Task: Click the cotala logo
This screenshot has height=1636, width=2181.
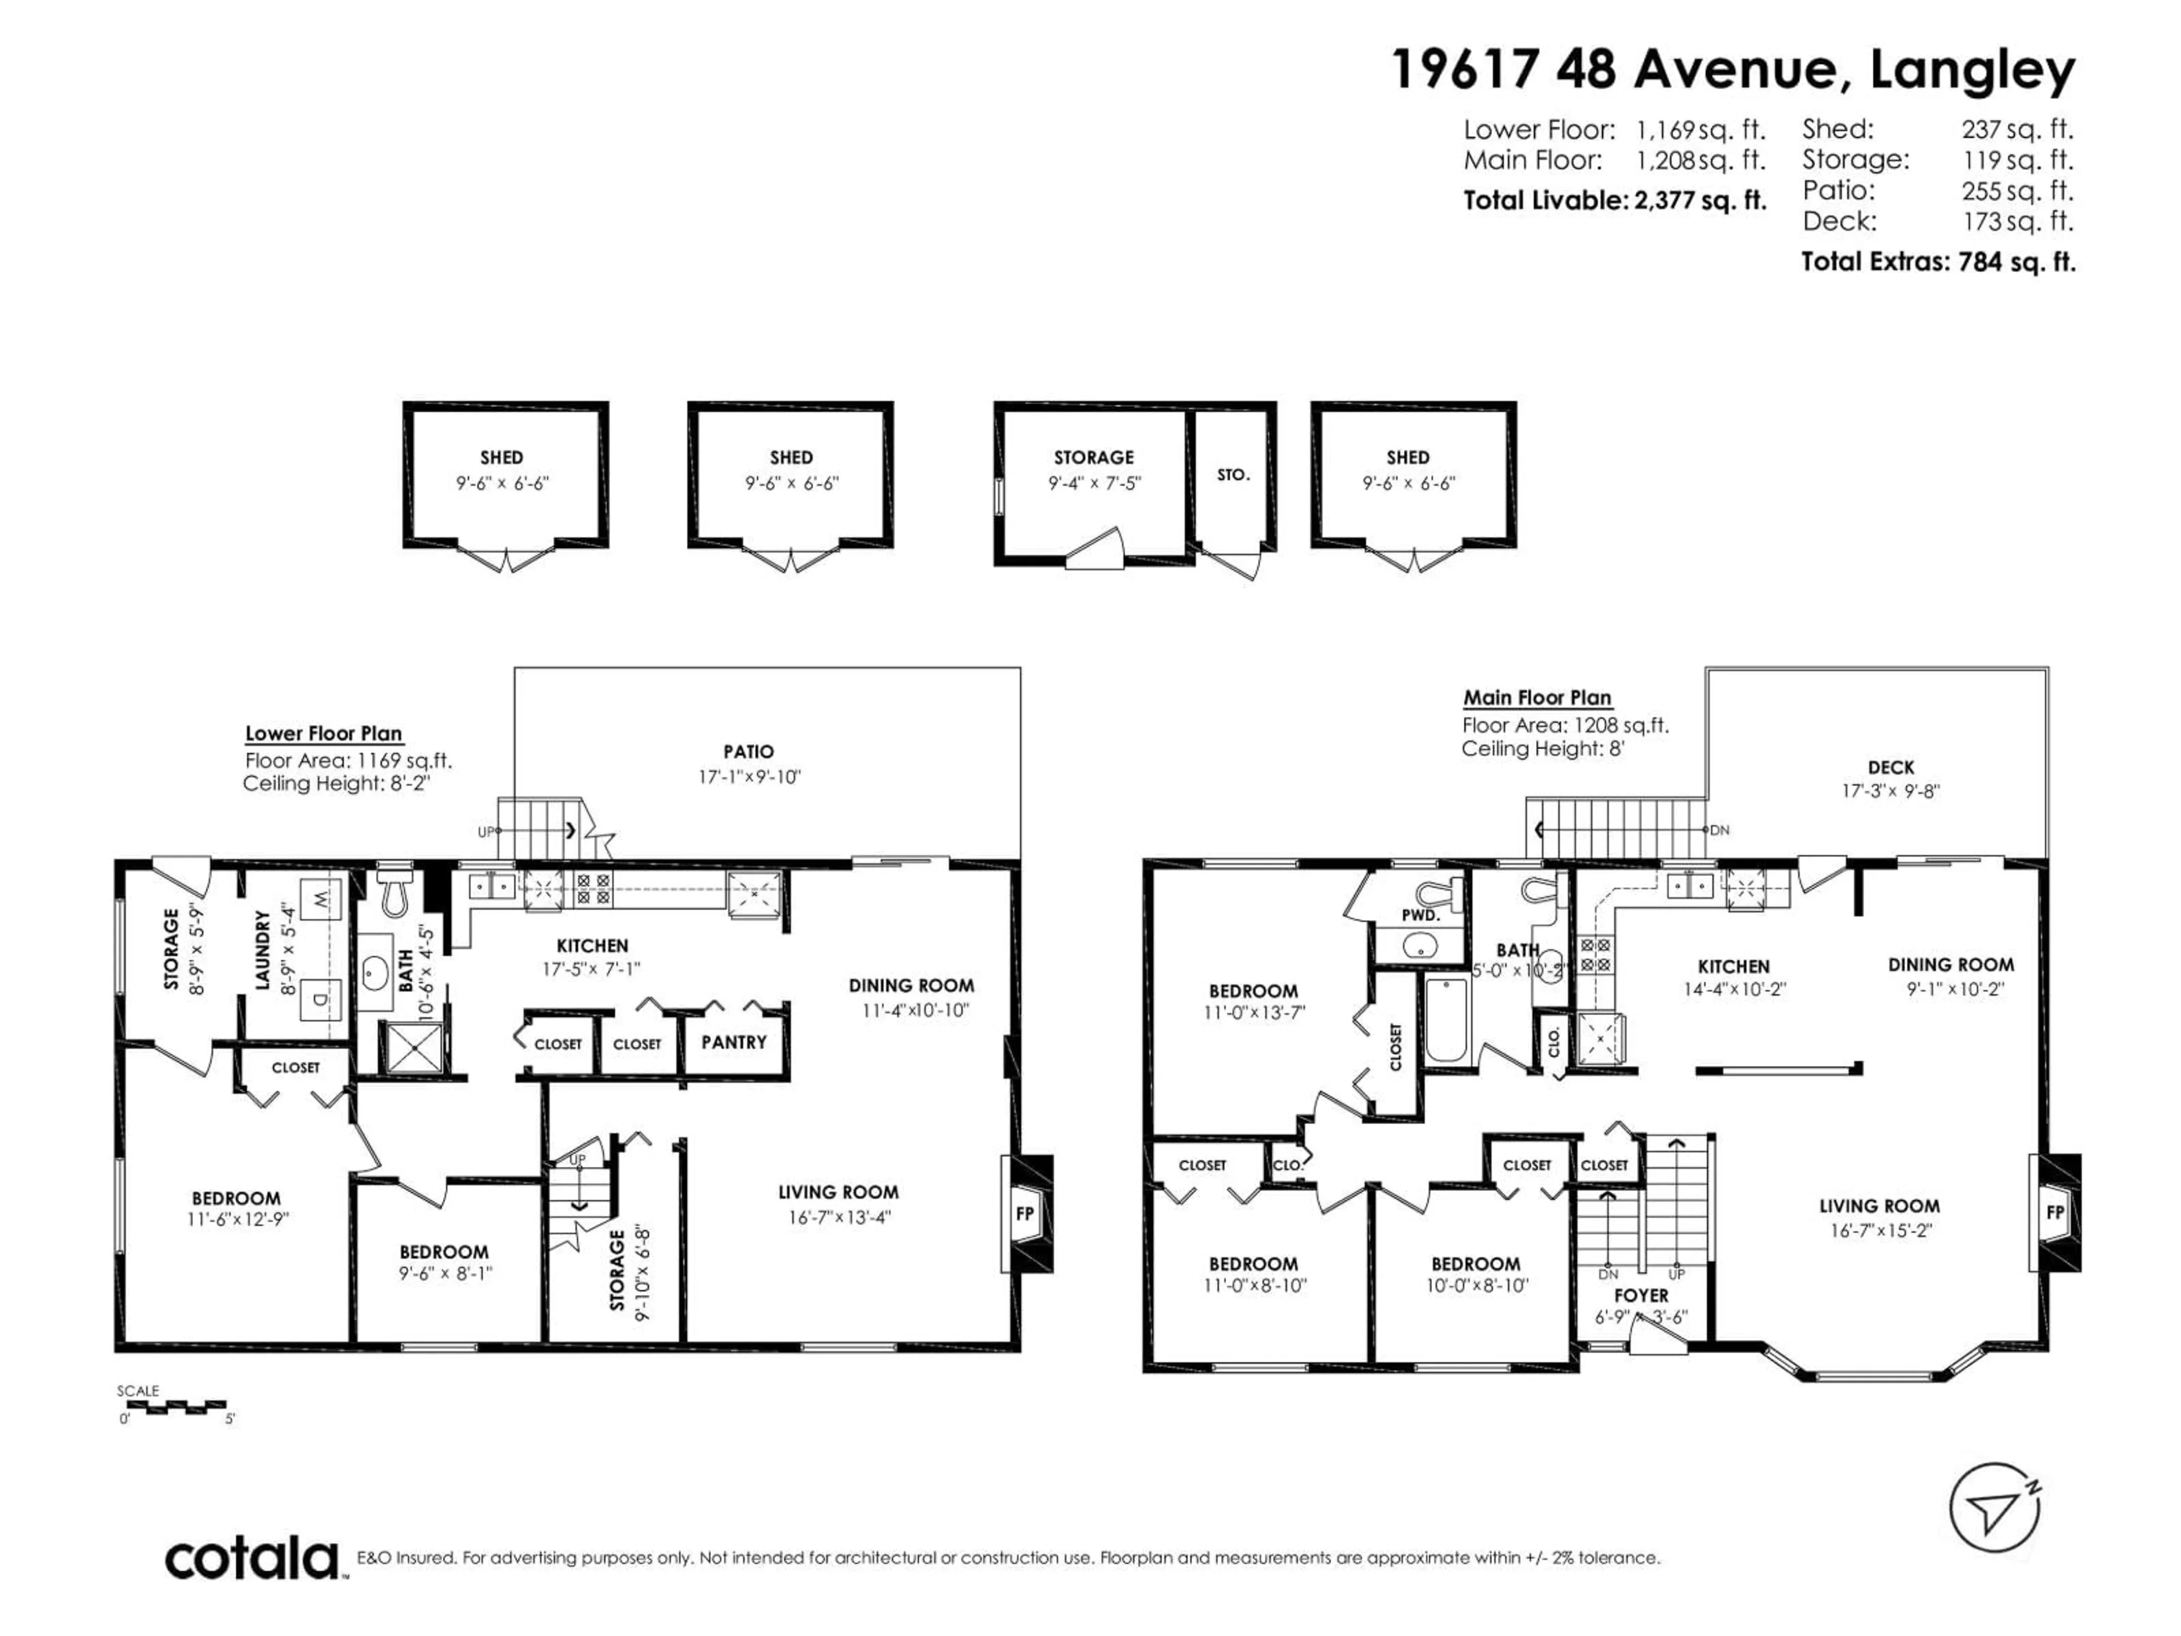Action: pos(252,1559)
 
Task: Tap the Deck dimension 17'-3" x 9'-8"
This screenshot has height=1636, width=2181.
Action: pos(1890,791)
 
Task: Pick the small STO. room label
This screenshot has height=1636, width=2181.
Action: pos(1232,475)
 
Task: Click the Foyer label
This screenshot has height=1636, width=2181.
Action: pos(1641,1295)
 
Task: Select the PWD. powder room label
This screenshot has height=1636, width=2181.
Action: pos(1421,915)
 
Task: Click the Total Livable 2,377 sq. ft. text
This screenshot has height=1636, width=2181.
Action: pos(1614,200)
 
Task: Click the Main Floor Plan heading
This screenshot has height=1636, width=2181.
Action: pos(1536,698)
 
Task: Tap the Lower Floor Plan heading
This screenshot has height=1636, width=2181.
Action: pos(323,734)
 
